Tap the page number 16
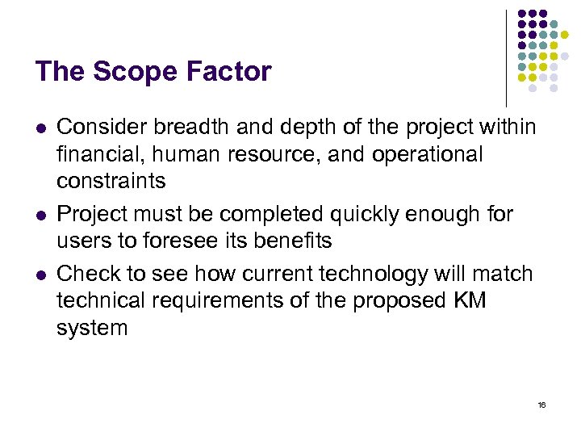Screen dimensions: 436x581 pos(541,404)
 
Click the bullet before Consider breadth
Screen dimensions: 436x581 pos(41,128)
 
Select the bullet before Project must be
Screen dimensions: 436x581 pos(41,216)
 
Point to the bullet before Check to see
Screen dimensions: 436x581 pos(41,275)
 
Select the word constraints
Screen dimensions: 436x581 pos(111,181)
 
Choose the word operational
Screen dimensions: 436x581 pos(427,153)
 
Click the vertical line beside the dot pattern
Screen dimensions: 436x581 pos(507,57)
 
